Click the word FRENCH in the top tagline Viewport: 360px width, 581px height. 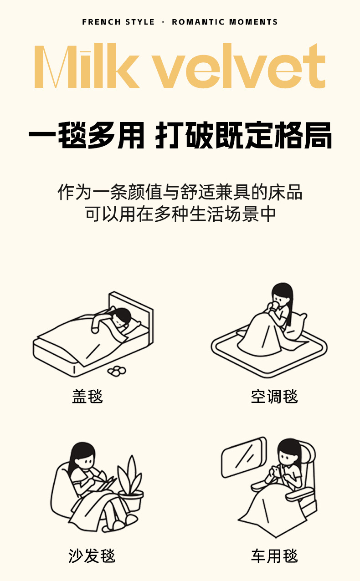point(102,22)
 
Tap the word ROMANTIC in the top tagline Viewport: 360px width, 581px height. point(198,22)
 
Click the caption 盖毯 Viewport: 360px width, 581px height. point(87,396)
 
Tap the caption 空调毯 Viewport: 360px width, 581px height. point(274,396)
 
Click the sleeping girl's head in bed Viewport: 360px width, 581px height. point(122,317)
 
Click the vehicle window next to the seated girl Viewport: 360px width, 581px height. point(244,458)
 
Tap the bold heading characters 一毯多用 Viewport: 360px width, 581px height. point(86,135)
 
